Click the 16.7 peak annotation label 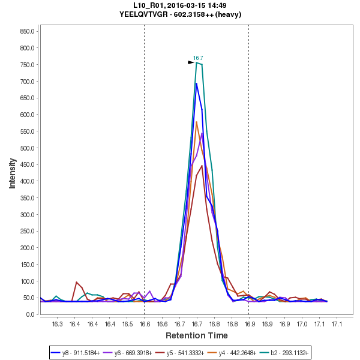198,58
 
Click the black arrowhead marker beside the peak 191,62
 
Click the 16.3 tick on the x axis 57,324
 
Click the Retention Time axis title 197,335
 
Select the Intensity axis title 12,173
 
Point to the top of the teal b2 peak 197,62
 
